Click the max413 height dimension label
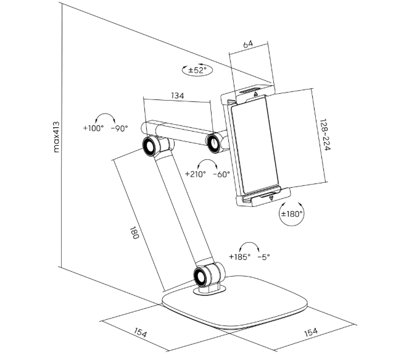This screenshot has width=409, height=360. (x=56, y=137)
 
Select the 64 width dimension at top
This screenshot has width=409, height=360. (x=248, y=44)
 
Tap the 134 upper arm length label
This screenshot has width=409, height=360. (x=178, y=96)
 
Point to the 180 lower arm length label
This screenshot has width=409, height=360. (x=134, y=233)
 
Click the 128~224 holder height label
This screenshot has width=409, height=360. (x=325, y=135)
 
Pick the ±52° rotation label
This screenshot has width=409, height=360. (x=197, y=70)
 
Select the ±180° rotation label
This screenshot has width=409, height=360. (x=292, y=214)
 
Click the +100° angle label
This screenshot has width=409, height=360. (x=93, y=128)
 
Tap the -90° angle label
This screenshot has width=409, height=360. (x=120, y=128)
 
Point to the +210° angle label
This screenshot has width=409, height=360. (x=196, y=174)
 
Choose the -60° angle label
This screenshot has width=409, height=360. (x=221, y=174)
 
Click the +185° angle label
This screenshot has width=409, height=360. (x=239, y=257)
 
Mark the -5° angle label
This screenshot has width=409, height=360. (x=263, y=257)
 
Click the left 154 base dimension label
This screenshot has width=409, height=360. (x=141, y=332)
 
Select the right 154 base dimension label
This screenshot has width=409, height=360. (x=311, y=332)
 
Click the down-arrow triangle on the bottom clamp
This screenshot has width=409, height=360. (x=271, y=198)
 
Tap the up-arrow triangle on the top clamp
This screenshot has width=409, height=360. (x=256, y=94)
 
